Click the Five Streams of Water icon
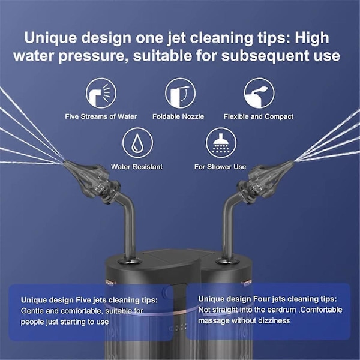click(101, 93)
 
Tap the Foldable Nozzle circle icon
click(180, 93)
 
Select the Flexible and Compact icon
click(259, 93)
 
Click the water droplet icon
click(137, 143)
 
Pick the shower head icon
click(221, 143)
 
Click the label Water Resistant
click(137, 167)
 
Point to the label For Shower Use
click(220, 167)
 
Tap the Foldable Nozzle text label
click(178, 116)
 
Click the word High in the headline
click(312, 38)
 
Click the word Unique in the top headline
click(50, 38)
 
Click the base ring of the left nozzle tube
click(129, 261)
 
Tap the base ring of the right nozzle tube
click(228, 261)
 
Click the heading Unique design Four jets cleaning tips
click(268, 299)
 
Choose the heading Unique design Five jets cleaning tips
click(89, 300)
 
